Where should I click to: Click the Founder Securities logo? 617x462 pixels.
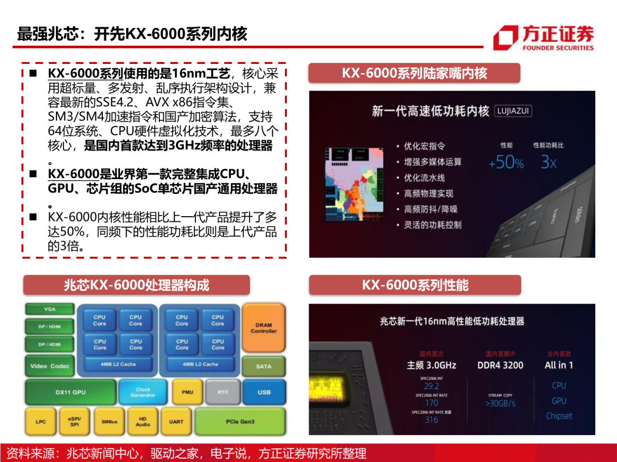543,38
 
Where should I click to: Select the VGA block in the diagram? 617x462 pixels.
50,309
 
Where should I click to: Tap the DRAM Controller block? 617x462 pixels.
263,327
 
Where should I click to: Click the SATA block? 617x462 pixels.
263,366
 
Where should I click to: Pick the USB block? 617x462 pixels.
264,392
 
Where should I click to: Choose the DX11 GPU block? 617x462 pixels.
70,392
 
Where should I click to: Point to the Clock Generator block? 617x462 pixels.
143,392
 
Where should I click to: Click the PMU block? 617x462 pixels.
187,392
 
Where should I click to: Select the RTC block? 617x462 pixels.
223,392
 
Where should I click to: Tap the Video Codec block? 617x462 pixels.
50,366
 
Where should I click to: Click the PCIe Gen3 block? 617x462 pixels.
240,422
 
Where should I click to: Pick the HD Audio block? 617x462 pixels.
143,422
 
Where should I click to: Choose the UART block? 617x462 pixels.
177,422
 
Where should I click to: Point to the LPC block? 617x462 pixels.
41,422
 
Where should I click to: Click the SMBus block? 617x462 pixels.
110,422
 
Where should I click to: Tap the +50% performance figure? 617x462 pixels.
506,163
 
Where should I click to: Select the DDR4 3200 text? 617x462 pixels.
500,365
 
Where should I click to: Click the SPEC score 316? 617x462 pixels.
431,420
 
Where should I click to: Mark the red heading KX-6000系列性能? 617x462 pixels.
415,285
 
